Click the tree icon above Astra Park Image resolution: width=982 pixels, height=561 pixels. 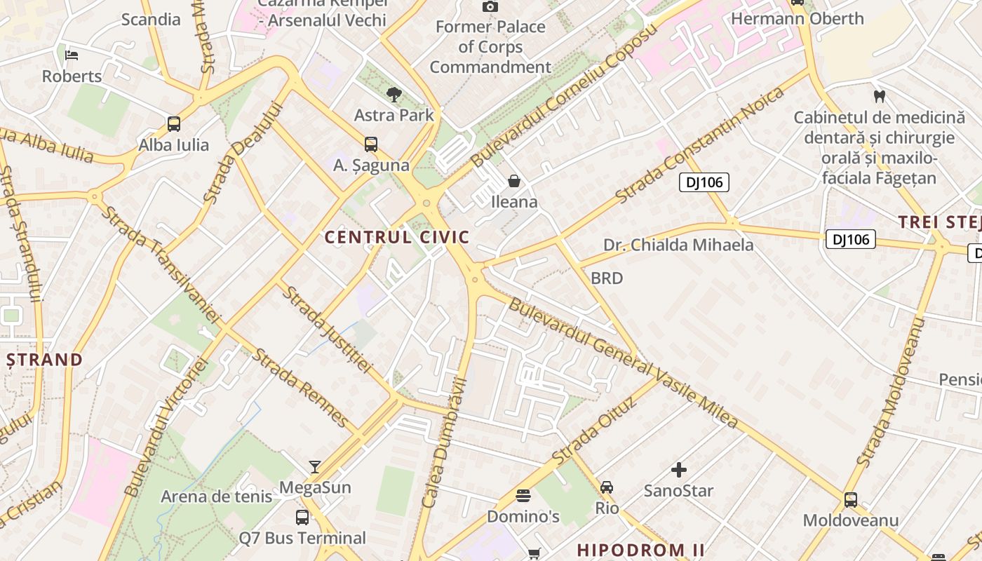point(394,94)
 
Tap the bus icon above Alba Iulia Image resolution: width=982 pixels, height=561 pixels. point(174,124)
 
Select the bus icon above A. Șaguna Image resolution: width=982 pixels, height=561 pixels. point(371,144)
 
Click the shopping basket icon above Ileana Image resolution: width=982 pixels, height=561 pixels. point(514,181)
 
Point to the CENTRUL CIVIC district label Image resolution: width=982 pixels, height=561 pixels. point(397,237)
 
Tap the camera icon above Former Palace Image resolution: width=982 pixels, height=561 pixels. point(490,6)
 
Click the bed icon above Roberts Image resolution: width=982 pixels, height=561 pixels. point(72,55)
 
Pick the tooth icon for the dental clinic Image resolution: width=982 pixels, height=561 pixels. point(879,96)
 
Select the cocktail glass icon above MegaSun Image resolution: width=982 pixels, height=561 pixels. point(315,466)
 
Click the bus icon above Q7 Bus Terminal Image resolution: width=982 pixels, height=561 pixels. point(302,518)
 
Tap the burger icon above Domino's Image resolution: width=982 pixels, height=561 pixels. point(523,496)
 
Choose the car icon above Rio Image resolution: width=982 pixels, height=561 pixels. point(607,487)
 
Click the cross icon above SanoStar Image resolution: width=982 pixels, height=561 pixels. point(678,470)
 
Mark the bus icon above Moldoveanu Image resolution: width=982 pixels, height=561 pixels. point(850,500)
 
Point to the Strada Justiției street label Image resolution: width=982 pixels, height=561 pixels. point(327,329)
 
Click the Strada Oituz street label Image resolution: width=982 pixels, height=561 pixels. point(594,430)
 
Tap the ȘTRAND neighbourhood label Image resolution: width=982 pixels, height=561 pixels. point(45,360)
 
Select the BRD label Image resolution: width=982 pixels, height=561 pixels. point(607,278)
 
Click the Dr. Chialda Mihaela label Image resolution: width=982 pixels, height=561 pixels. point(678,245)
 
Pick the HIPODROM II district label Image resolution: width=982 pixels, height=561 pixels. point(631,550)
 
